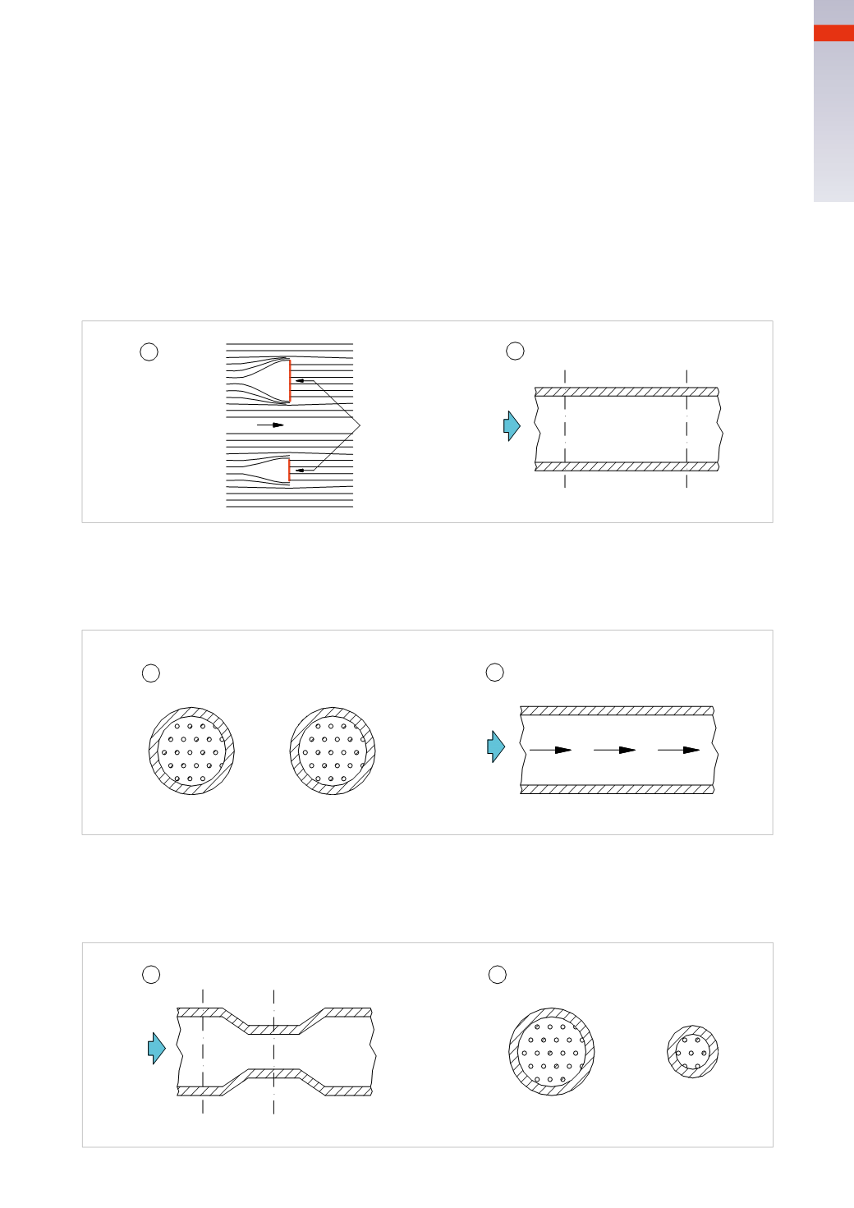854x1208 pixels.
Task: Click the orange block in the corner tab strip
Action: tap(833, 33)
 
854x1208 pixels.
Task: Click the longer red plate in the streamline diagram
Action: tap(290, 381)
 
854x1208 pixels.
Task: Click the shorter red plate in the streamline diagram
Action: tap(289, 471)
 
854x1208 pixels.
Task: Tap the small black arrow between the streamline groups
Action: tap(270, 425)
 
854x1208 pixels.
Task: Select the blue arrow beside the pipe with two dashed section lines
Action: tap(512, 426)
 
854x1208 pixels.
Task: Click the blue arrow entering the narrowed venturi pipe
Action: tap(156, 1049)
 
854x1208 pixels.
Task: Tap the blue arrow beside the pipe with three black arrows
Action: tap(496, 746)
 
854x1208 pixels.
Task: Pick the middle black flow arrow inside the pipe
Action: tap(615, 750)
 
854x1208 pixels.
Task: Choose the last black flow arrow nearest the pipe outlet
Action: tap(679, 750)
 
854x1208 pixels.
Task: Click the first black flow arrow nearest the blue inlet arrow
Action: tap(551, 750)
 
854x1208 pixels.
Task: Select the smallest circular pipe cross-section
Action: tap(693, 1051)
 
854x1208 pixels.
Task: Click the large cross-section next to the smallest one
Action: tap(552, 1052)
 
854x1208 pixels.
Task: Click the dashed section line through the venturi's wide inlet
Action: tap(203, 999)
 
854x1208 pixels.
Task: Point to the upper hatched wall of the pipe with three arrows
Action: tap(617, 710)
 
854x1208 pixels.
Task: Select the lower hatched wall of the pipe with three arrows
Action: tap(617, 789)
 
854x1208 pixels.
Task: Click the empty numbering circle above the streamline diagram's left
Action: tap(149, 351)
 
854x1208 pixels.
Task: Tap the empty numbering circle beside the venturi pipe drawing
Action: tap(151, 975)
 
